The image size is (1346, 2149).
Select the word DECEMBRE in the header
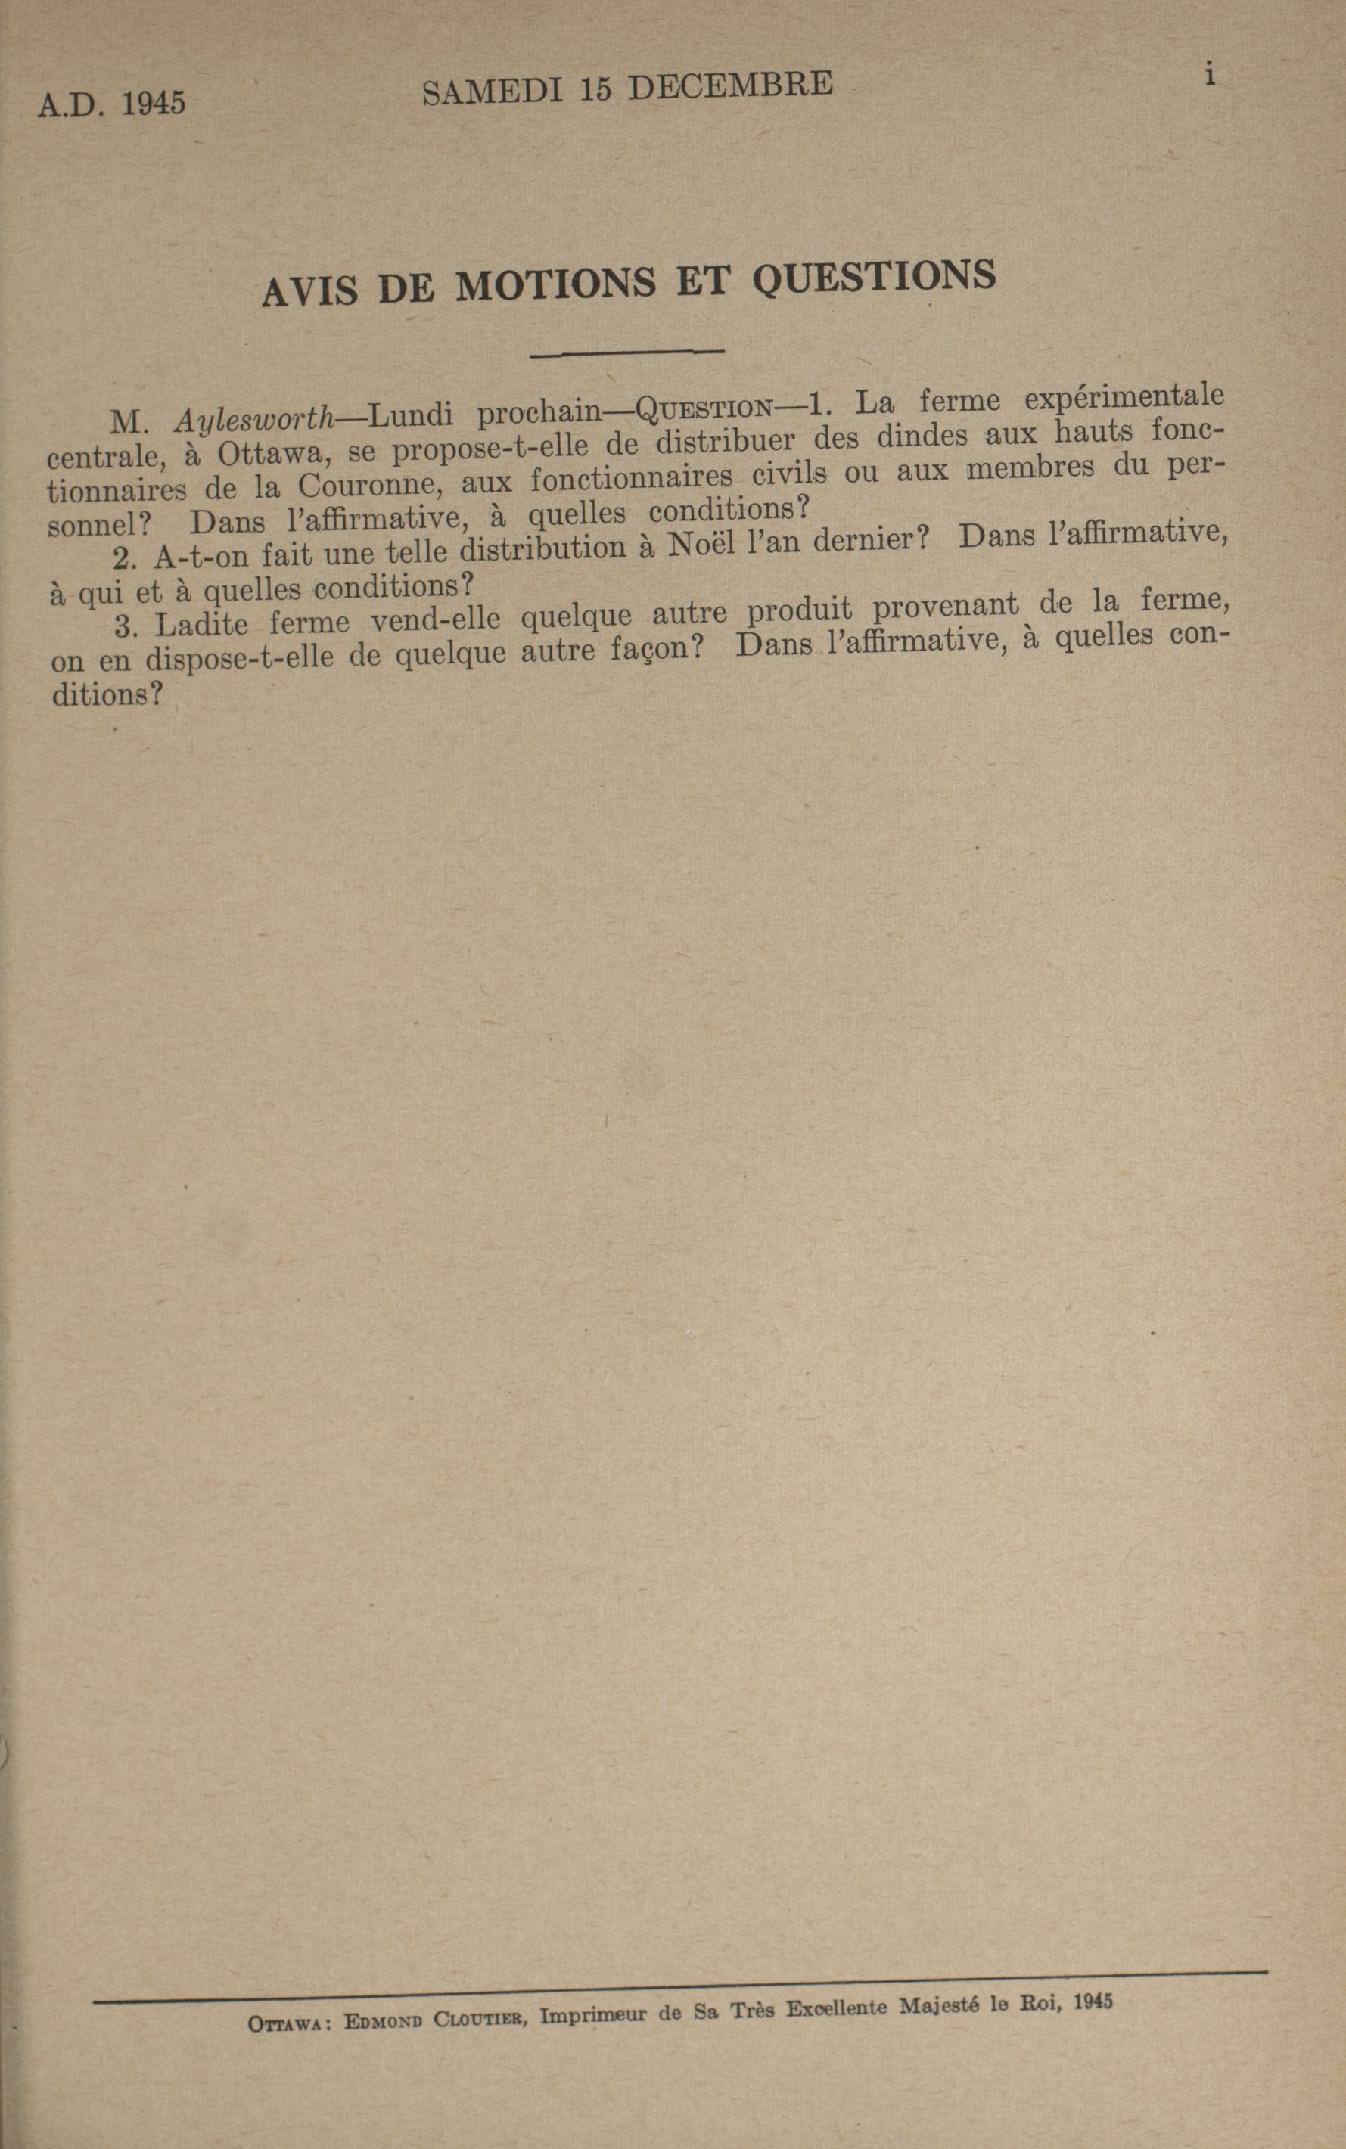point(730,85)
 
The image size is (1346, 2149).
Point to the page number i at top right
point(1209,75)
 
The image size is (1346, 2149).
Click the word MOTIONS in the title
point(558,287)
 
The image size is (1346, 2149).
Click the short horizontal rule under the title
point(626,353)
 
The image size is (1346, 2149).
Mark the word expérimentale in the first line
point(1124,396)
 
